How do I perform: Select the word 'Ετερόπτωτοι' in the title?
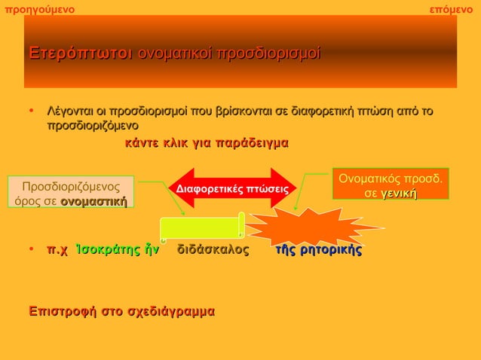(80, 53)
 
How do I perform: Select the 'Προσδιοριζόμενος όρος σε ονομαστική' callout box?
(71, 193)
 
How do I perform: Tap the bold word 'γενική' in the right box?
(399, 194)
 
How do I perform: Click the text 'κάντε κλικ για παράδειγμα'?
(206, 142)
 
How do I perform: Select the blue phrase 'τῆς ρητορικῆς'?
(319, 250)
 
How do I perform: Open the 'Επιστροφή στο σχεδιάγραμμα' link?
(120, 310)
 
